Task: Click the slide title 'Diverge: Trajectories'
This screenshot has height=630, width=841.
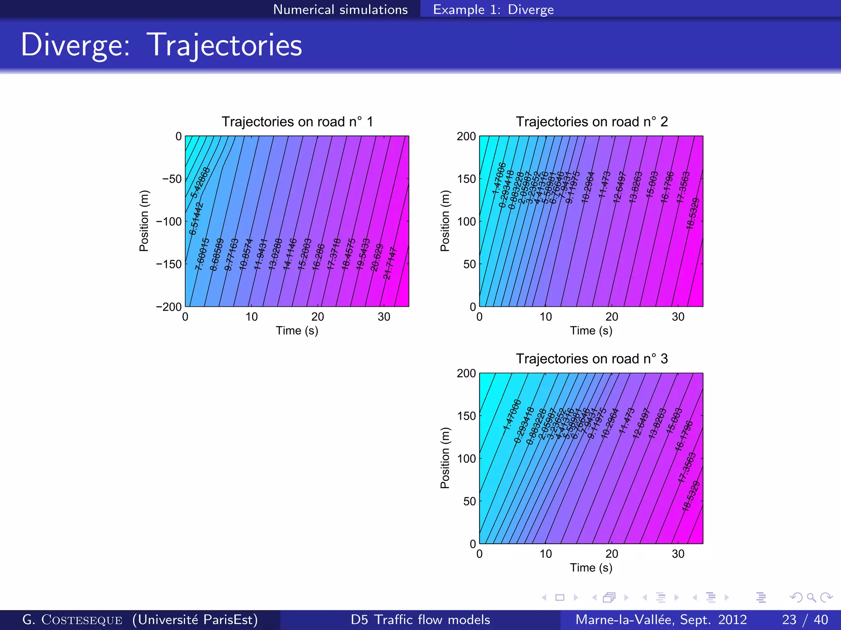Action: click(x=161, y=45)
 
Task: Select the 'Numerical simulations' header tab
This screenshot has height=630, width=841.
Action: click(x=340, y=9)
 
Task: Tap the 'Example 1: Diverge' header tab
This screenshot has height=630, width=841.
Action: click(x=493, y=9)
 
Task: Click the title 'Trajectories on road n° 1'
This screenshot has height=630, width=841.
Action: click(x=297, y=122)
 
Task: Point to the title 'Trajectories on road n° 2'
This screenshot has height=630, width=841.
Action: click(x=591, y=122)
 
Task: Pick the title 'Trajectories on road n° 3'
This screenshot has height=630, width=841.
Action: click(x=591, y=359)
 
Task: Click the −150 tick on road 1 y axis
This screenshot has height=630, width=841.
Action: click(x=169, y=264)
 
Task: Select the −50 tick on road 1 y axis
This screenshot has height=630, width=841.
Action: click(x=172, y=179)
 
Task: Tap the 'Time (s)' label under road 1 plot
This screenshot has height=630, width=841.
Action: click(x=297, y=331)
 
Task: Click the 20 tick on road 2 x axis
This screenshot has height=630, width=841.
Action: click(x=611, y=317)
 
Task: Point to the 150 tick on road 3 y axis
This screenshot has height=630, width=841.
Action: click(x=466, y=416)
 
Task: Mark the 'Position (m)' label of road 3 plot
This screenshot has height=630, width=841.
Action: click(x=445, y=458)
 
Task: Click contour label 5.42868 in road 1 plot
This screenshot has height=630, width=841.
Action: click(x=200, y=182)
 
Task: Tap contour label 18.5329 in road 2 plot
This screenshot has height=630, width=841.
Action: click(x=693, y=213)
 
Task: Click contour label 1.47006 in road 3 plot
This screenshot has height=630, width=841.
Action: click(x=512, y=414)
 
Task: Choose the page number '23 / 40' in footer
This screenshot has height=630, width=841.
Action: click(x=804, y=619)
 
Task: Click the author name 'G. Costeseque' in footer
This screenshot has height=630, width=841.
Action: click(x=72, y=619)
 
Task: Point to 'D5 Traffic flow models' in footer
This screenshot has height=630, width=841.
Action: click(x=420, y=619)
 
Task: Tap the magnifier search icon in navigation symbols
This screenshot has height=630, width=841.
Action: click(x=811, y=598)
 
